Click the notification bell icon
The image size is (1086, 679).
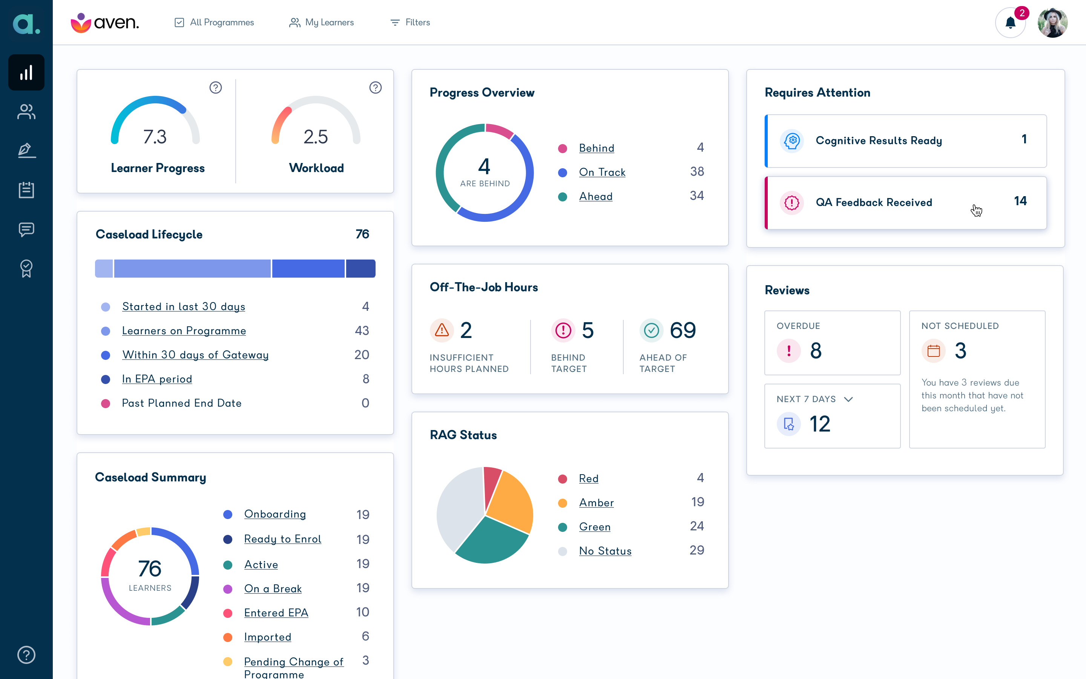1010,23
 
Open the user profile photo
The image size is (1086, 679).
1052,23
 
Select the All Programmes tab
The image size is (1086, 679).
214,23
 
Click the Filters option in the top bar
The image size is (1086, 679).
410,23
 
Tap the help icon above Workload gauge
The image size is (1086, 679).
375,88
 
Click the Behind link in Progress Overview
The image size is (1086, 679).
597,148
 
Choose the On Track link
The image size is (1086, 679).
602,172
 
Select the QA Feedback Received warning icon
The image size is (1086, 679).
791,203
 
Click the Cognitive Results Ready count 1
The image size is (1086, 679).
1024,139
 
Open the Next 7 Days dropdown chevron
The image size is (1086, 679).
848,399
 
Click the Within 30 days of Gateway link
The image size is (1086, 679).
195,355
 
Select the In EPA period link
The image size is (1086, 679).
157,379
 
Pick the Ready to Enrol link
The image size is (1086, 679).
283,539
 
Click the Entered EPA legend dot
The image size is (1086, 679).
227,613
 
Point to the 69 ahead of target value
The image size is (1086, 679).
683,330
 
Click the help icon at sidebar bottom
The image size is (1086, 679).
26,655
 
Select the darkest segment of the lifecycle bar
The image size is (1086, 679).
360,269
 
